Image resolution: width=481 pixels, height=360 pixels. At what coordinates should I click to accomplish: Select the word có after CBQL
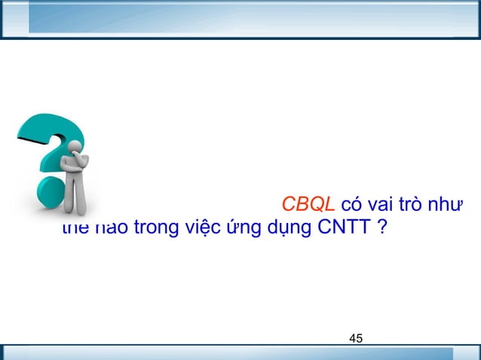click(x=354, y=206)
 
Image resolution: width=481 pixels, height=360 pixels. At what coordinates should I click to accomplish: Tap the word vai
click(x=389, y=206)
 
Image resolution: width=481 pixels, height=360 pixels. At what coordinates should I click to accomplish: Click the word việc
click(x=198, y=226)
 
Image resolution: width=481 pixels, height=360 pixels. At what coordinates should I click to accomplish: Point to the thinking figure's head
click(x=78, y=148)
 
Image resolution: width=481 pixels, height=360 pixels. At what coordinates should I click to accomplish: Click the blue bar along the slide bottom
click(x=240, y=352)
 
